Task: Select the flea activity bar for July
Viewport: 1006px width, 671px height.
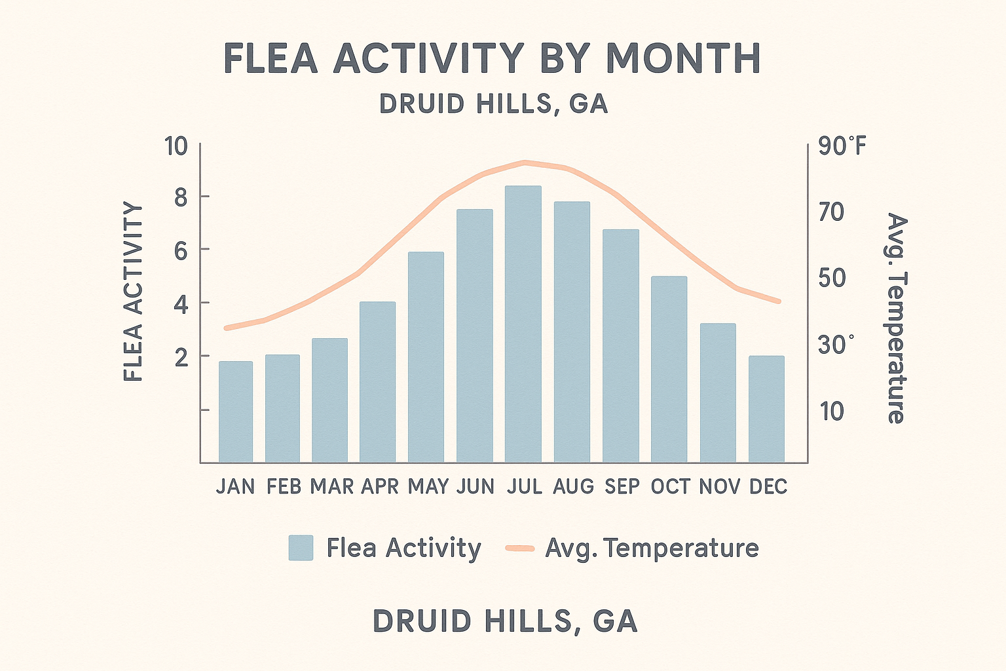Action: [523, 324]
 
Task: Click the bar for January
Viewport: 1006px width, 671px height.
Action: [236, 412]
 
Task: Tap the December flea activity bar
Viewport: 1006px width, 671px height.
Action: [766, 409]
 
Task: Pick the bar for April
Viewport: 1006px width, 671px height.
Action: [378, 382]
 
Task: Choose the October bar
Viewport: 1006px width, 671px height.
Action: [669, 369]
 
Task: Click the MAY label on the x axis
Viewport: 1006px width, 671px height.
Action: [428, 486]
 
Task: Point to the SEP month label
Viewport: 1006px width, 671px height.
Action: [622, 486]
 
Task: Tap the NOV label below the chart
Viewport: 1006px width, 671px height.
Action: [719, 486]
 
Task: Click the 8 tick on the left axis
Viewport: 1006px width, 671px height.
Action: [181, 197]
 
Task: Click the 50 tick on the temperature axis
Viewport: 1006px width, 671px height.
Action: [832, 278]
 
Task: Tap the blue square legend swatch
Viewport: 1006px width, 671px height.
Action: [301, 548]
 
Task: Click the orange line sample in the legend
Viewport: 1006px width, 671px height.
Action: [520, 548]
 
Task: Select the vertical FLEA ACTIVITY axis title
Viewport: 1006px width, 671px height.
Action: [134, 292]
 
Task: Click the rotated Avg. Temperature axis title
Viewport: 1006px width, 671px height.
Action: [896, 318]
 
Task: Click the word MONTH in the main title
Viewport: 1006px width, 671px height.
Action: [683, 58]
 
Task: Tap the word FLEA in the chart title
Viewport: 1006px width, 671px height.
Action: [270, 58]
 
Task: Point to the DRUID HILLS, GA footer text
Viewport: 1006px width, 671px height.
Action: [505, 621]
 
